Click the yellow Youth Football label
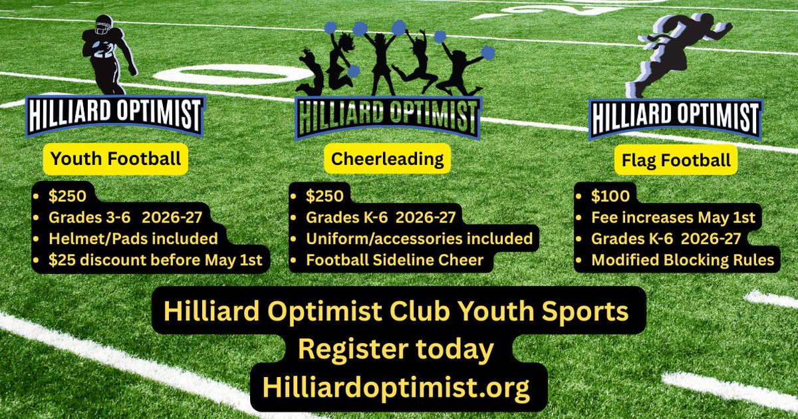(x=116, y=159)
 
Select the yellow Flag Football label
(x=674, y=160)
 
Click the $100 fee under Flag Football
(x=606, y=196)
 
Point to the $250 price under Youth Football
(x=66, y=196)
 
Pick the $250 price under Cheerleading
(x=325, y=196)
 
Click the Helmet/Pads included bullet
(x=133, y=238)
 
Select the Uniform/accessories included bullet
(x=419, y=238)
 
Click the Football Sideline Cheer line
(x=394, y=259)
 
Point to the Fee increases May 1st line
(x=673, y=217)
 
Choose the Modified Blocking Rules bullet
(x=683, y=259)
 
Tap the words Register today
(x=395, y=349)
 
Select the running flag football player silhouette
(x=674, y=53)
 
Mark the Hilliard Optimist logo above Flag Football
(x=675, y=118)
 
